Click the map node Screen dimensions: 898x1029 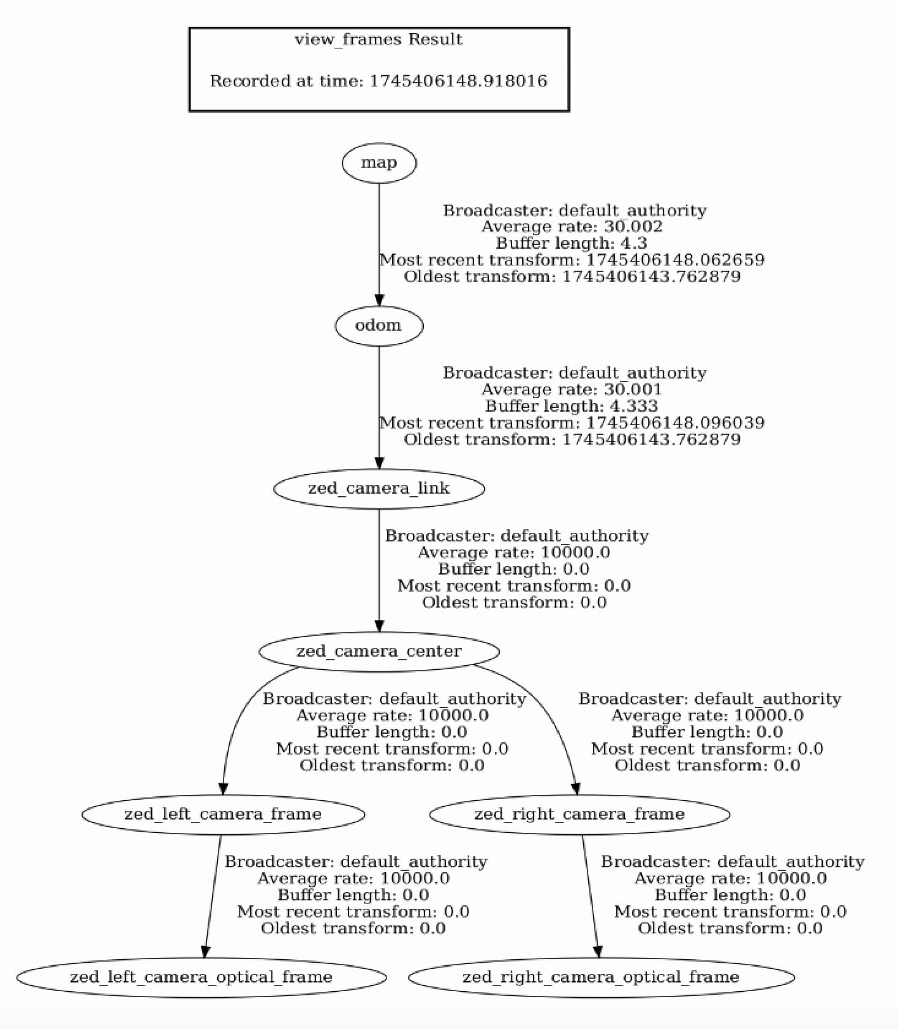[x=379, y=163]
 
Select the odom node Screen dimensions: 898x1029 [x=379, y=325]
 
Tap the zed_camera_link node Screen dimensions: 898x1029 [x=379, y=488]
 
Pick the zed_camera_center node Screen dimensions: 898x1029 [x=379, y=651]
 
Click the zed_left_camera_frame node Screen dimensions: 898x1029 [x=223, y=814]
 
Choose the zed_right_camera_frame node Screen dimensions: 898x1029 [x=579, y=814]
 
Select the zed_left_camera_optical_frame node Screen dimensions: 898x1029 [x=202, y=977]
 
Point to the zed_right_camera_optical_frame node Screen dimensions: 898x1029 [x=601, y=977]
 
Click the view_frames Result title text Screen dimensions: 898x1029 [x=379, y=40]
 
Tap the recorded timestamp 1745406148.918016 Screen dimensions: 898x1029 [x=458, y=81]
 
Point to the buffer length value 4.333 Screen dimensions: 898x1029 [x=633, y=406]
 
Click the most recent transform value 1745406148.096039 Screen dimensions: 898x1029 [x=676, y=423]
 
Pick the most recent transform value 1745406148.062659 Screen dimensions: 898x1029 [x=676, y=260]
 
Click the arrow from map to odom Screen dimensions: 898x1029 [x=379, y=244]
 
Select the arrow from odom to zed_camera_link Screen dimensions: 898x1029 [x=379, y=407]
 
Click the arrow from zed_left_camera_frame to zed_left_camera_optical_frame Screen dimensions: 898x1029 [x=213, y=895]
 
